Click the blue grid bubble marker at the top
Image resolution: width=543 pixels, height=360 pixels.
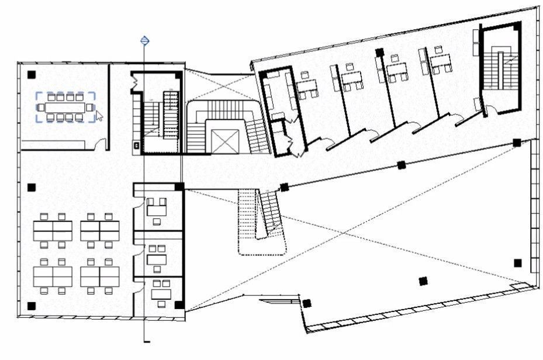(x=145, y=41)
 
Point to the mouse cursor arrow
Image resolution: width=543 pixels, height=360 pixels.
(x=99, y=116)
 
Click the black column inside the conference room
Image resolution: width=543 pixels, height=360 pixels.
(x=32, y=74)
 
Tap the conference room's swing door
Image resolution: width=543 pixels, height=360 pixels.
(x=102, y=143)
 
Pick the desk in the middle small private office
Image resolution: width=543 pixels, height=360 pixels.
(x=157, y=256)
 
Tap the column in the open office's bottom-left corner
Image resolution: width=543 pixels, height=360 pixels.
(x=32, y=305)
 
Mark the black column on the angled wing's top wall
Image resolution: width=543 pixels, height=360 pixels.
(x=380, y=52)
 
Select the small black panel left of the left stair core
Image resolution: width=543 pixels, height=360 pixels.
(x=137, y=144)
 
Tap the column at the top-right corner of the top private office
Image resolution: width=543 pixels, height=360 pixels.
(x=179, y=186)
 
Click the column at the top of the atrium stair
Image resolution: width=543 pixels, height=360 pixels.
(x=285, y=188)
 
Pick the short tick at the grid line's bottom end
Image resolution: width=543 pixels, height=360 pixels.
(x=147, y=341)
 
